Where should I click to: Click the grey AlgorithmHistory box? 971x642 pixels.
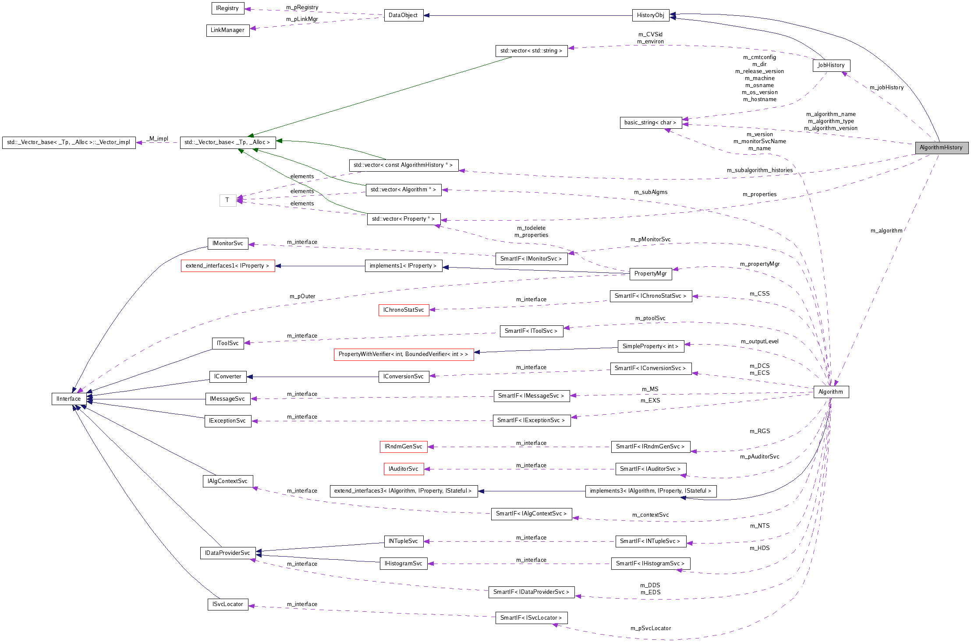point(941,148)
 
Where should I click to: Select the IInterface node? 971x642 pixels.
point(69,399)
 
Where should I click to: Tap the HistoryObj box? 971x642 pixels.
point(650,15)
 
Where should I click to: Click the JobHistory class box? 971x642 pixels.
point(831,65)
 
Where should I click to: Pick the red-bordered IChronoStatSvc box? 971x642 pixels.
point(404,310)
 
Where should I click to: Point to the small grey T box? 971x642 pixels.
point(227,200)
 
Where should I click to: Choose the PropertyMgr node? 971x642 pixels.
point(650,274)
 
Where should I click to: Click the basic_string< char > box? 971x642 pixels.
point(650,123)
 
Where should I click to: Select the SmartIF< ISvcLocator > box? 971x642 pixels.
point(531,618)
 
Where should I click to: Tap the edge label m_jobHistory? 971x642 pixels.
point(886,88)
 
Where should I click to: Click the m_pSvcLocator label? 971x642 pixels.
point(650,628)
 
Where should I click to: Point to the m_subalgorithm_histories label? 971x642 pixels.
point(759,170)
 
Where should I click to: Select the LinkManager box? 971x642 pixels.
point(227,30)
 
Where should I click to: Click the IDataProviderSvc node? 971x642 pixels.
point(227,553)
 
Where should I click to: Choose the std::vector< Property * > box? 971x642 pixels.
point(403,219)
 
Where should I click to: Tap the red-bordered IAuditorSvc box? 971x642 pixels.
point(404,469)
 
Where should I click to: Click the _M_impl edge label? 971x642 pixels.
point(157,139)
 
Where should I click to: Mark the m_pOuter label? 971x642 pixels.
point(302,296)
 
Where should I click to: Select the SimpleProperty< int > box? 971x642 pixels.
point(650,346)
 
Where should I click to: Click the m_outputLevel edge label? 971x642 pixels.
point(759,342)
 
